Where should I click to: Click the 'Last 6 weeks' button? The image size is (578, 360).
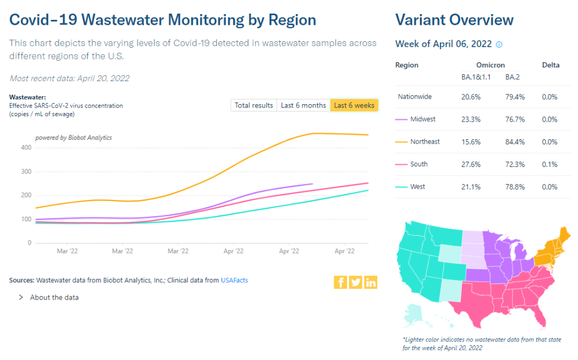pyautogui.click(x=354, y=105)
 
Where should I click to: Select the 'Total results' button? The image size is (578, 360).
pyautogui.click(x=254, y=105)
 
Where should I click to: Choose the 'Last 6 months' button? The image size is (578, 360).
pyautogui.click(x=303, y=105)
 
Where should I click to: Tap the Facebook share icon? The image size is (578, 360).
pyautogui.click(x=340, y=282)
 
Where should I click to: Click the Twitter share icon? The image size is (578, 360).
pyautogui.click(x=356, y=282)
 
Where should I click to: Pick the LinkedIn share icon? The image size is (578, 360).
pyautogui.click(x=370, y=282)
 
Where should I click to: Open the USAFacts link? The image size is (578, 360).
pyautogui.click(x=234, y=280)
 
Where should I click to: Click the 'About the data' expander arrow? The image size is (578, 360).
pyautogui.click(x=21, y=297)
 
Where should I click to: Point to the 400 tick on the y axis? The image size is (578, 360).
pyautogui.click(x=27, y=148)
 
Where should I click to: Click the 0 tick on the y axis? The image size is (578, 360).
pyautogui.click(x=29, y=243)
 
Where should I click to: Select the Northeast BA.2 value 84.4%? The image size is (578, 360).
pyautogui.click(x=515, y=142)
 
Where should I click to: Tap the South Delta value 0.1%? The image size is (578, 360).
pyautogui.click(x=550, y=164)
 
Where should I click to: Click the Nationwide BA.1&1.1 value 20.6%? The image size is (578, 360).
pyautogui.click(x=471, y=97)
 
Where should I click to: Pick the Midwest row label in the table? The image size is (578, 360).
pyautogui.click(x=423, y=119)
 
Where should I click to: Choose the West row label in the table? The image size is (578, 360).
pyautogui.click(x=419, y=187)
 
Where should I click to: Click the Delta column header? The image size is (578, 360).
pyautogui.click(x=550, y=65)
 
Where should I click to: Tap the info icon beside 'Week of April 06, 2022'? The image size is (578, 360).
pyautogui.click(x=499, y=45)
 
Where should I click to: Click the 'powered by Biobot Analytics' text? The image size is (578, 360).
pyautogui.click(x=74, y=138)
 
